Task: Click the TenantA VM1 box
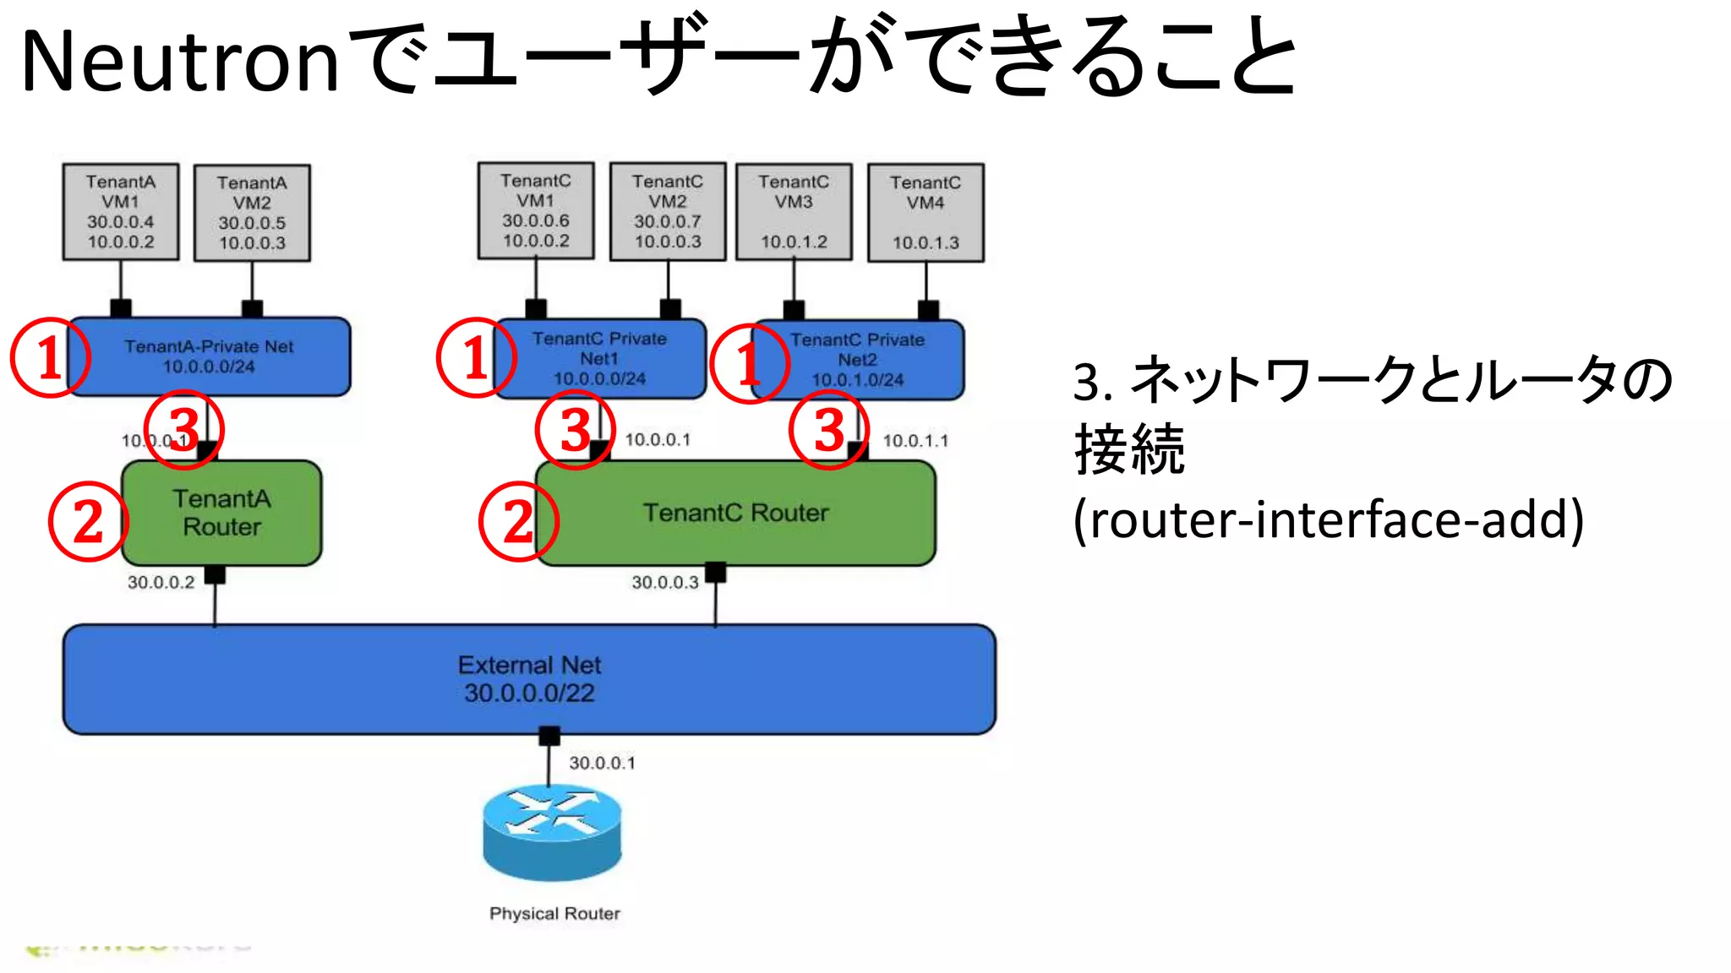click(121, 212)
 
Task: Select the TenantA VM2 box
click(252, 213)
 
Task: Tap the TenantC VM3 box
click(794, 211)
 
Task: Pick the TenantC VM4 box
click(926, 213)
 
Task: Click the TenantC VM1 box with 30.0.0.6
click(536, 210)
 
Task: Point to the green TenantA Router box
click(221, 513)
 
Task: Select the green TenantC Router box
click(735, 513)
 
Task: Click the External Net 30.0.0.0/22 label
click(529, 679)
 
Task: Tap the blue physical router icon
click(553, 833)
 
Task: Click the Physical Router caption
click(554, 914)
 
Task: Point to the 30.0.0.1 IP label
click(602, 763)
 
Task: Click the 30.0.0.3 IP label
click(665, 582)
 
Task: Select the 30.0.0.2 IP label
click(161, 582)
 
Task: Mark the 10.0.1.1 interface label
click(915, 440)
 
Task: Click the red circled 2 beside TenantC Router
click(518, 521)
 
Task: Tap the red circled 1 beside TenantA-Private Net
click(49, 357)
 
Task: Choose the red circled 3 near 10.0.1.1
click(828, 429)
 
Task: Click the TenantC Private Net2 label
click(858, 360)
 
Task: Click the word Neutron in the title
click(180, 61)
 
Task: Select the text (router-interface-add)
click(1328, 519)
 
